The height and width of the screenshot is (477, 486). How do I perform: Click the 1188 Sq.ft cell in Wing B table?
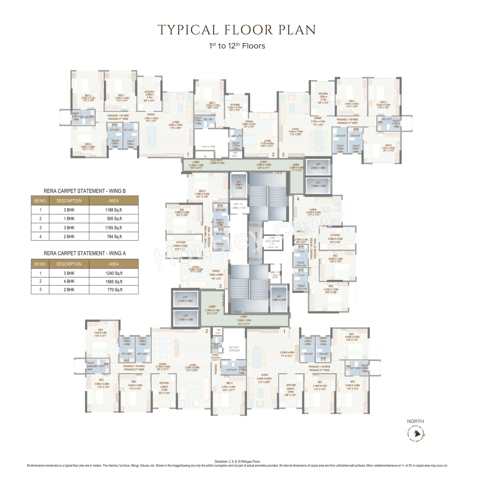point(113,210)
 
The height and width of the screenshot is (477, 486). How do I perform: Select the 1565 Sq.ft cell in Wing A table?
point(114,282)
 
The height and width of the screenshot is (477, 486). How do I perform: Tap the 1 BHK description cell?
point(69,219)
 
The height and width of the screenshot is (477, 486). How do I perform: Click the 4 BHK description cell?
point(69,281)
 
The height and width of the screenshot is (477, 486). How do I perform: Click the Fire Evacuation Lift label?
point(272,243)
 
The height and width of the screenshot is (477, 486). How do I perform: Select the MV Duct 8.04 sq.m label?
point(234,349)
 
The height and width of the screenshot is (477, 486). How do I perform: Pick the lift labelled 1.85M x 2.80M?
point(279,298)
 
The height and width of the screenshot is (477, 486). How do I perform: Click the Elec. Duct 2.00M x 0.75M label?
point(217,162)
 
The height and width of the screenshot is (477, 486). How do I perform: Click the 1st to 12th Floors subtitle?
point(237,46)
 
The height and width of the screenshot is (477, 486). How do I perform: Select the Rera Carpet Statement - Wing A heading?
point(85,253)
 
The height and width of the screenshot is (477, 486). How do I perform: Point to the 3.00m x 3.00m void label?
point(208,146)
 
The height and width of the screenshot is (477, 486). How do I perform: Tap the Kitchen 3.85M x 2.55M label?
point(335,237)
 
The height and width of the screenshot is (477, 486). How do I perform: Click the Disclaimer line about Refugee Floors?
point(237,461)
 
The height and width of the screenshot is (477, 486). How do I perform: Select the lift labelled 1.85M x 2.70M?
point(238,185)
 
